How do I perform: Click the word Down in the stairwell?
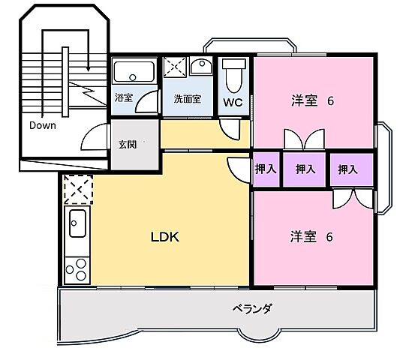pos(43,125)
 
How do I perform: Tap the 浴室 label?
pos(123,98)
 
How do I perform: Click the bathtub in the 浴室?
pos(134,73)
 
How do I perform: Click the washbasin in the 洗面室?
pos(200,68)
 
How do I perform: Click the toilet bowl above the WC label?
pos(233,73)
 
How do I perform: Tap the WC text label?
pos(232,104)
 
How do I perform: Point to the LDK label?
pos(165,236)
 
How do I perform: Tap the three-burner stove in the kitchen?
pos(76,268)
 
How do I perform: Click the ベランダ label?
pos(251,308)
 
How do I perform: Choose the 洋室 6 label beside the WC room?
pos(311,100)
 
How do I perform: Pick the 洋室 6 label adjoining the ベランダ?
pos(311,237)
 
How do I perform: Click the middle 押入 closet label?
pos(305,169)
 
